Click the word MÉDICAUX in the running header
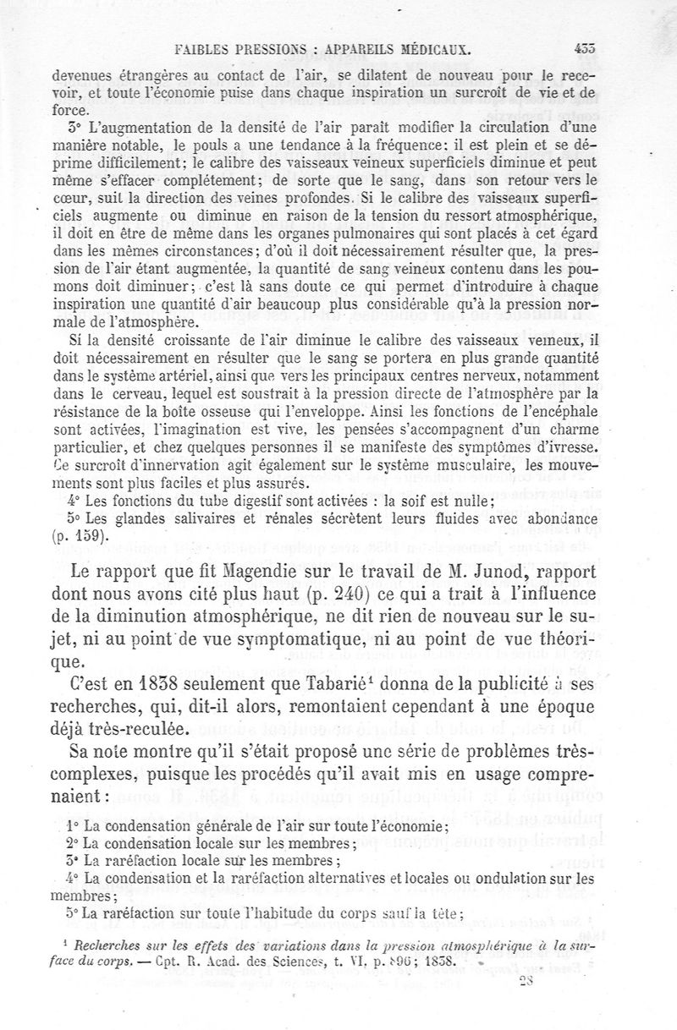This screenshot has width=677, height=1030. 421,49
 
